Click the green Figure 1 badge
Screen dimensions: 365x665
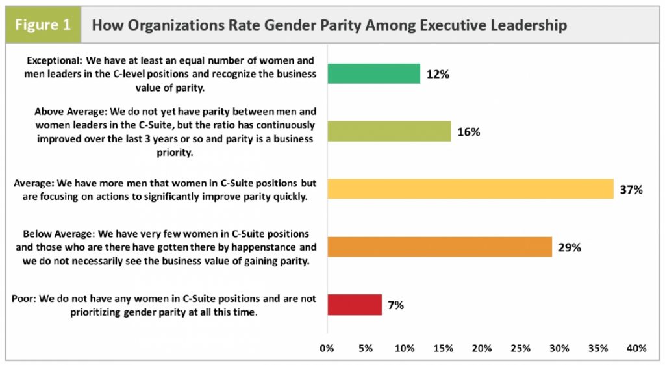click(44, 26)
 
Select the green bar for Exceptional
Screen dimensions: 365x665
click(373, 74)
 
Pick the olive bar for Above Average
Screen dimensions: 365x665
click(389, 132)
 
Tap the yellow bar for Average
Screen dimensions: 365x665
click(470, 189)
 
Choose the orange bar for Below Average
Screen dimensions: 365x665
click(440, 247)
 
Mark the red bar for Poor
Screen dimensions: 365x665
click(355, 305)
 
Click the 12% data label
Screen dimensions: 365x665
click(438, 74)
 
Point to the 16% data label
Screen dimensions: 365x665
click(468, 132)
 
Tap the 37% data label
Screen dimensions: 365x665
click(631, 190)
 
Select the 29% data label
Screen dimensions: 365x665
click(570, 247)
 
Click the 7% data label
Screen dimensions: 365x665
click(396, 305)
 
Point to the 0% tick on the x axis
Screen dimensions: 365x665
click(327, 348)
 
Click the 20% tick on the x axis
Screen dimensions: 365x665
click(481, 348)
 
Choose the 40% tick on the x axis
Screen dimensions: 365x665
click(636, 348)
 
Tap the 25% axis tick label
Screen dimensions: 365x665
click(520, 348)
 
